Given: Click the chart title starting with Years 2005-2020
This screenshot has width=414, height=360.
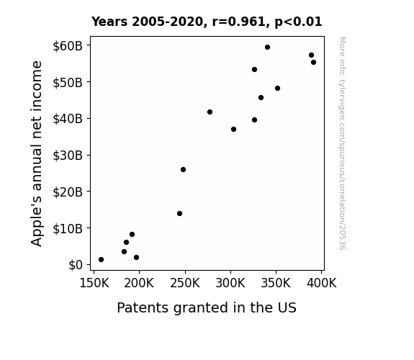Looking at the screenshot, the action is [207, 22].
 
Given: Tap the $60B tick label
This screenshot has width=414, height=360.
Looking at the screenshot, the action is [68, 46].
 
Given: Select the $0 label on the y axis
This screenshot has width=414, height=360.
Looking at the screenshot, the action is [76, 265].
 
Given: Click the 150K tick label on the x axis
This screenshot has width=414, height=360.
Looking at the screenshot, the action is [94, 283].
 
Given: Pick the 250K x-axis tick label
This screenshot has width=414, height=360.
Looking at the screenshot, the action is [185, 283].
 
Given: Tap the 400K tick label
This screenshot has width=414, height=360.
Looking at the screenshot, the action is [322, 283].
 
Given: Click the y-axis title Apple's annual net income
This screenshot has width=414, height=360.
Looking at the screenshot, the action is [37, 153].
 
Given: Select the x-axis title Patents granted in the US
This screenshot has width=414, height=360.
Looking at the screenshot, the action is [207, 307].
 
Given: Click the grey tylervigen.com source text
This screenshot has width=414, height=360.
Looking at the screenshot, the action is [342, 143].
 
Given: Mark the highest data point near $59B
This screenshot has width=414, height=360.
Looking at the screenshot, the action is [267, 48].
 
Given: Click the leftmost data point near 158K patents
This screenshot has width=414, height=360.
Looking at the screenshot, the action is [101, 260].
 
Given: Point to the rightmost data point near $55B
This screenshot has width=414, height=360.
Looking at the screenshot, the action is [313, 63].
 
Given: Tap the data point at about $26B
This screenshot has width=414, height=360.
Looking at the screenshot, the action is [183, 170].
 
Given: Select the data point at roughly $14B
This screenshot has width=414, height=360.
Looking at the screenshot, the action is [179, 213].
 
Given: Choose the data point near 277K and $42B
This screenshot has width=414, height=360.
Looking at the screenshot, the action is [210, 112].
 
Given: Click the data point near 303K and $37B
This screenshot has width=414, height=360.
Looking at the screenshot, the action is [233, 129].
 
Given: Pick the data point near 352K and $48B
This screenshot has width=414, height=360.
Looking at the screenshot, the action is [277, 89].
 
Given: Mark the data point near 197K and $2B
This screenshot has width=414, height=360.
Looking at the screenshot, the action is [137, 257].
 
